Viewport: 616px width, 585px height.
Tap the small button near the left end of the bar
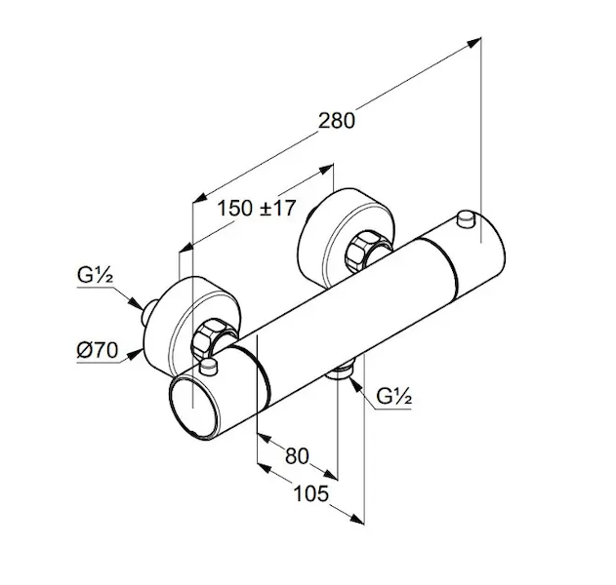(210, 366)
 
